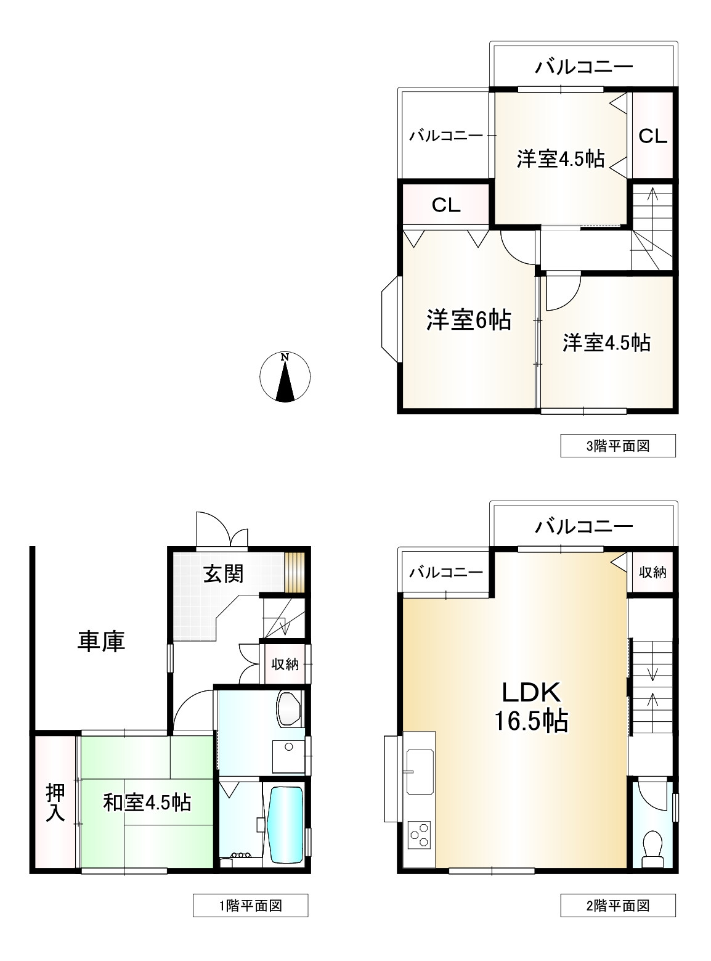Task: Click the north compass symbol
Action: coord(285,377)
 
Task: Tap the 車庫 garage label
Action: coord(101,641)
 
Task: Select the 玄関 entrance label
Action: coord(224,573)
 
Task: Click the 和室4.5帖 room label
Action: coord(147,803)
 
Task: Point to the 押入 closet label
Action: coord(55,803)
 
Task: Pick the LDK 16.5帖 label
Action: coord(531,706)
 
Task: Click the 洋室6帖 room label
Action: coord(469,320)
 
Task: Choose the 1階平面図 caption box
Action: coord(250,906)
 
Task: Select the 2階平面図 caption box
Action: coord(617,906)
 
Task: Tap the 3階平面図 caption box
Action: coord(617,446)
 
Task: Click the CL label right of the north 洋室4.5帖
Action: coord(652,136)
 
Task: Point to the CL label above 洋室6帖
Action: coord(445,205)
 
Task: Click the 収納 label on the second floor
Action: coord(652,573)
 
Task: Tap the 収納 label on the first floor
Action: coord(285,664)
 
